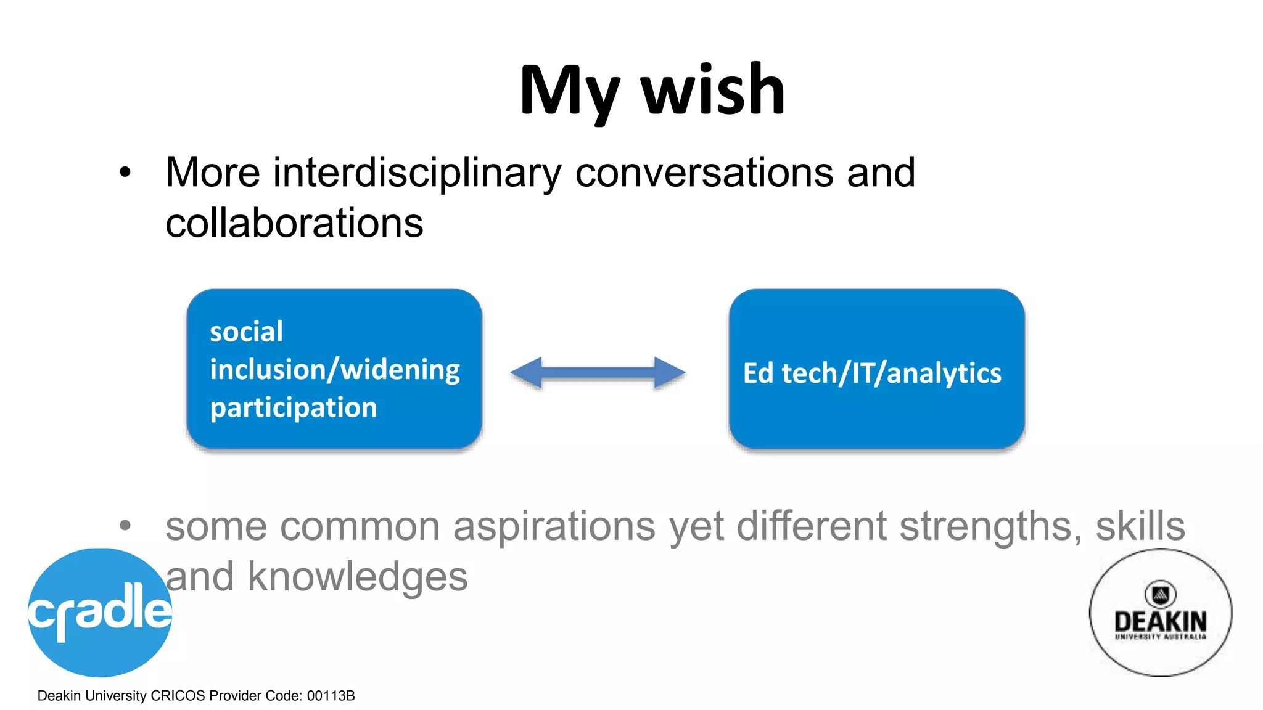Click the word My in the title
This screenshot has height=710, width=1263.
coord(569,92)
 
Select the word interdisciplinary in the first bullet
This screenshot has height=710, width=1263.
coord(417,173)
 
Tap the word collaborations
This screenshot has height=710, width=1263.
coord(294,223)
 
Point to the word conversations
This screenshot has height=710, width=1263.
coord(704,173)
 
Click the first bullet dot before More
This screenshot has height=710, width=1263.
coord(125,173)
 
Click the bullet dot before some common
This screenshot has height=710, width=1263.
coord(125,526)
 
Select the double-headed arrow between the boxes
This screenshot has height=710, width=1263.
coord(598,372)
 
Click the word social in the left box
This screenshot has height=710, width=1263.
coord(246,332)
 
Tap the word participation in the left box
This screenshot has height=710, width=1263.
coord(293,408)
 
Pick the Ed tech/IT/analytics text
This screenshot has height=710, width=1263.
coord(872,373)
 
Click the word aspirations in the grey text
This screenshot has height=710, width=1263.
coord(554,527)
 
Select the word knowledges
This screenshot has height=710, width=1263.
coord(358,577)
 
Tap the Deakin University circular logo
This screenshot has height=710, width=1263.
coord(1160,612)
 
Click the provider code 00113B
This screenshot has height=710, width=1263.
coord(331,696)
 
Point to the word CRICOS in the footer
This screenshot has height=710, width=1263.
coord(178,696)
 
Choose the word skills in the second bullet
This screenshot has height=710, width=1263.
coord(1140,527)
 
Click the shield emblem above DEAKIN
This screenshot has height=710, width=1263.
coord(1160,594)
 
